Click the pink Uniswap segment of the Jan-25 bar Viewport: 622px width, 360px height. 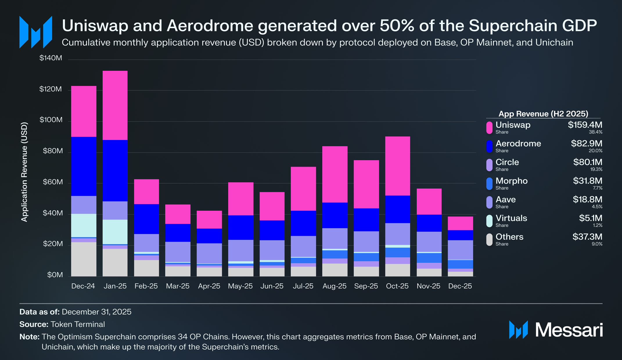(x=115, y=105)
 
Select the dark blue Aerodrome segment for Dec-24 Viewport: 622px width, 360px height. (x=84, y=166)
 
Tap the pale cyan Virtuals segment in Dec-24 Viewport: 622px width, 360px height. (x=84, y=225)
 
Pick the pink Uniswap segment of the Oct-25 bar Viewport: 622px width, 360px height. (x=398, y=166)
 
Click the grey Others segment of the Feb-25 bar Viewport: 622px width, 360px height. (x=146, y=268)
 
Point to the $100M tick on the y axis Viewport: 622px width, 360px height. (x=51, y=120)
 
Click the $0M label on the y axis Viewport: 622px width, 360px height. (x=55, y=275)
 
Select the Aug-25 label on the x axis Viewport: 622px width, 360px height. (x=335, y=286)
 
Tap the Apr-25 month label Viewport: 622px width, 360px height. (x=209, y=286)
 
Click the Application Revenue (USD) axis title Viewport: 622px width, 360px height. (x=24, y=172)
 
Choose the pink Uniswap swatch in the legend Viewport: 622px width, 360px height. (x=489, y=128)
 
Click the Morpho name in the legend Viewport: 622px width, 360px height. (x=511, y=181)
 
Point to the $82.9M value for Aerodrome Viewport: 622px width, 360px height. (x=586, y=143)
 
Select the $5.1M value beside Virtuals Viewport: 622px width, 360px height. (x=590, y=218)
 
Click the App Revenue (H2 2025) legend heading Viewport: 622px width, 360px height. (x=543, y=114)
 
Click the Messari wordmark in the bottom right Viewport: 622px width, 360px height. (x=569, y=330)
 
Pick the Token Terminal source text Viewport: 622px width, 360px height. (x=78, y=324)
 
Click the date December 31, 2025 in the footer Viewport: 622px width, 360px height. (x=96, y=312)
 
